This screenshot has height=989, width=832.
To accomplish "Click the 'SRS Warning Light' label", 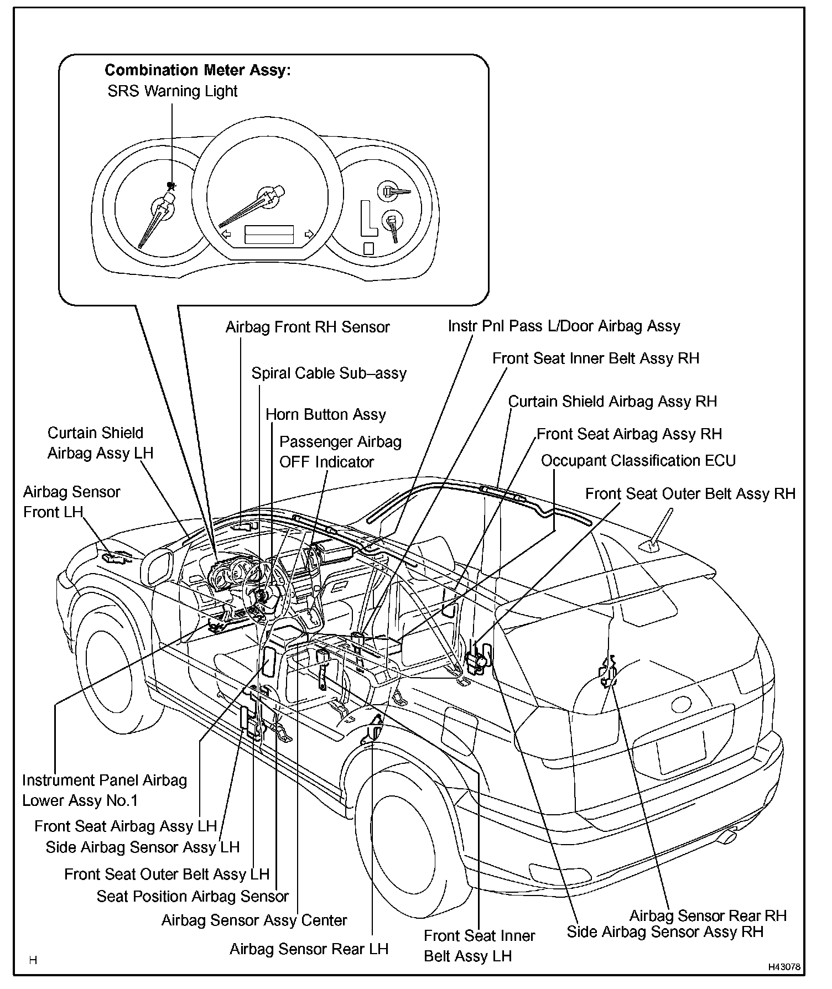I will tap(172, 91).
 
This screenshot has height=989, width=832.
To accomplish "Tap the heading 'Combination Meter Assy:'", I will tap(197, 70).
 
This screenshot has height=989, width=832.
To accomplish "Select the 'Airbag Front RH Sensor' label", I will tap(308, 327).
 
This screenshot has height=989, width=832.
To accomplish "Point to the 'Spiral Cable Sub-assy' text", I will tap(329, 373).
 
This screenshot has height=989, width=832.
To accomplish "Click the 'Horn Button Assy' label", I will tap(326, 415).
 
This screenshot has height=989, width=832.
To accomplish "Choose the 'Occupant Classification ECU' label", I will tap(638, 461).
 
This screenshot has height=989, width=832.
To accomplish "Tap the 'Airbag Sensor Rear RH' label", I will tap(708, 915).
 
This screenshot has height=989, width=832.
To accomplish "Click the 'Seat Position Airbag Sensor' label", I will tap(193, 896).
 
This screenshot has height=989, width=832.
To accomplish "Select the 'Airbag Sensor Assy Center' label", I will tap(254, 920).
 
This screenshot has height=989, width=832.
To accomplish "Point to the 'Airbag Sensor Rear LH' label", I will tap(309, 949).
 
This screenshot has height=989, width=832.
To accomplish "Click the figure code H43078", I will tap(784, 967).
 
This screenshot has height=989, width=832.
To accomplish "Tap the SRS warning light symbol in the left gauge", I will tap(171, 186).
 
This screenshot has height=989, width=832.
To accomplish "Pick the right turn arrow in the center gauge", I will tap(310, 234).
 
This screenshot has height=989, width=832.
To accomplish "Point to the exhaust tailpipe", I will tap(730, 837).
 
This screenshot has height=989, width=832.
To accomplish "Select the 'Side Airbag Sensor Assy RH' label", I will tap(665, 932).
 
